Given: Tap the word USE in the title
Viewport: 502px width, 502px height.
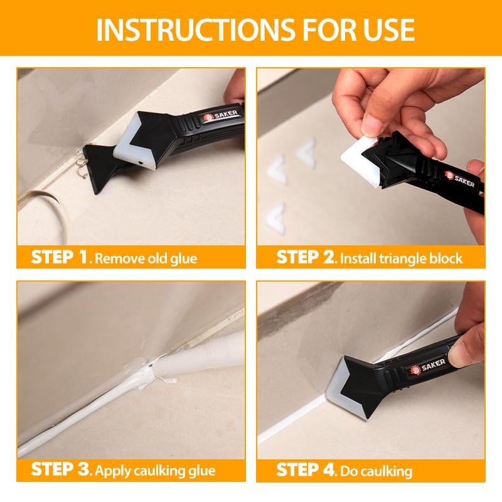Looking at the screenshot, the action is click(x=388, y=29).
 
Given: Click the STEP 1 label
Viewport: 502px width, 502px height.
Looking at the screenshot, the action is click(x=60, y=257).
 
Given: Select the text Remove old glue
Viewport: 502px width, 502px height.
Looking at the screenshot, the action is click(x=146, y=259).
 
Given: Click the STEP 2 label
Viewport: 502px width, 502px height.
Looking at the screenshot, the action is click(x=306, y=257).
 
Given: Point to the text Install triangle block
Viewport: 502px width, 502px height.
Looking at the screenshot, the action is click(x=402, y=259).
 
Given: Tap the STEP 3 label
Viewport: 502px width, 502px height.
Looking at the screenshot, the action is click(x=60, y=470).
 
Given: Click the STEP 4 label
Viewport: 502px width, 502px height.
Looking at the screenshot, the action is click(x=306, y=470).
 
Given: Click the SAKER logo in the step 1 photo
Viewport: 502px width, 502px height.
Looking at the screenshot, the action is click(x=221, y=115).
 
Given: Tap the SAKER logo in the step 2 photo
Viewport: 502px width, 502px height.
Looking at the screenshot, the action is click(x=460, y=179).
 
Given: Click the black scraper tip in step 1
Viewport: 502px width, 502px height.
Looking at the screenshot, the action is click(x=99, y=166).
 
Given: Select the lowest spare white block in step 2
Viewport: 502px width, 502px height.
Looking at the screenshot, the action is click(x=276, y=218).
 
